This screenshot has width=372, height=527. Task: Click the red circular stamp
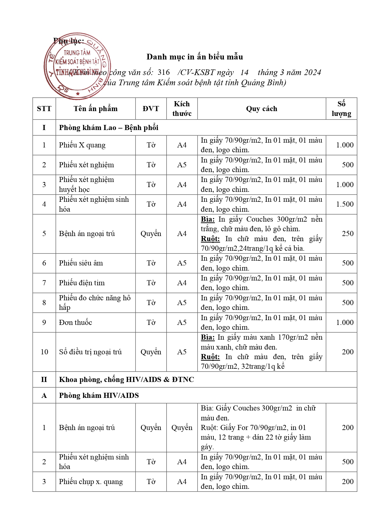(x=77, y=66)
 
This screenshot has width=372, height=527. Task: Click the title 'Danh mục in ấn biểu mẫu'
(x=195, y=57)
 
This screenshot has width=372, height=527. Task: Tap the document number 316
(x=164, y=72)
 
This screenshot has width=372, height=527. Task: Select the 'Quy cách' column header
(x=261, y=109)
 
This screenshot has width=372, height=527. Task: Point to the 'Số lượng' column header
(x=341, y=109)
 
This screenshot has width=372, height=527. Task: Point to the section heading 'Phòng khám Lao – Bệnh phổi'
(x=109, y=128)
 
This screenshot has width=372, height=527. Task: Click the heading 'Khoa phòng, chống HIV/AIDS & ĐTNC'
(x=126, y=380)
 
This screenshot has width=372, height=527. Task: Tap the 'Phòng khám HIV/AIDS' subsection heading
(x=99, y=395)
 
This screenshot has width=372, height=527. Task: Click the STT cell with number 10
(x=44, y=352)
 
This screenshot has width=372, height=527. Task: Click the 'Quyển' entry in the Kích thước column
(x=182, y=428)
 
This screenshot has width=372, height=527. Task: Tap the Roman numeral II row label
(x=44, y=380)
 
